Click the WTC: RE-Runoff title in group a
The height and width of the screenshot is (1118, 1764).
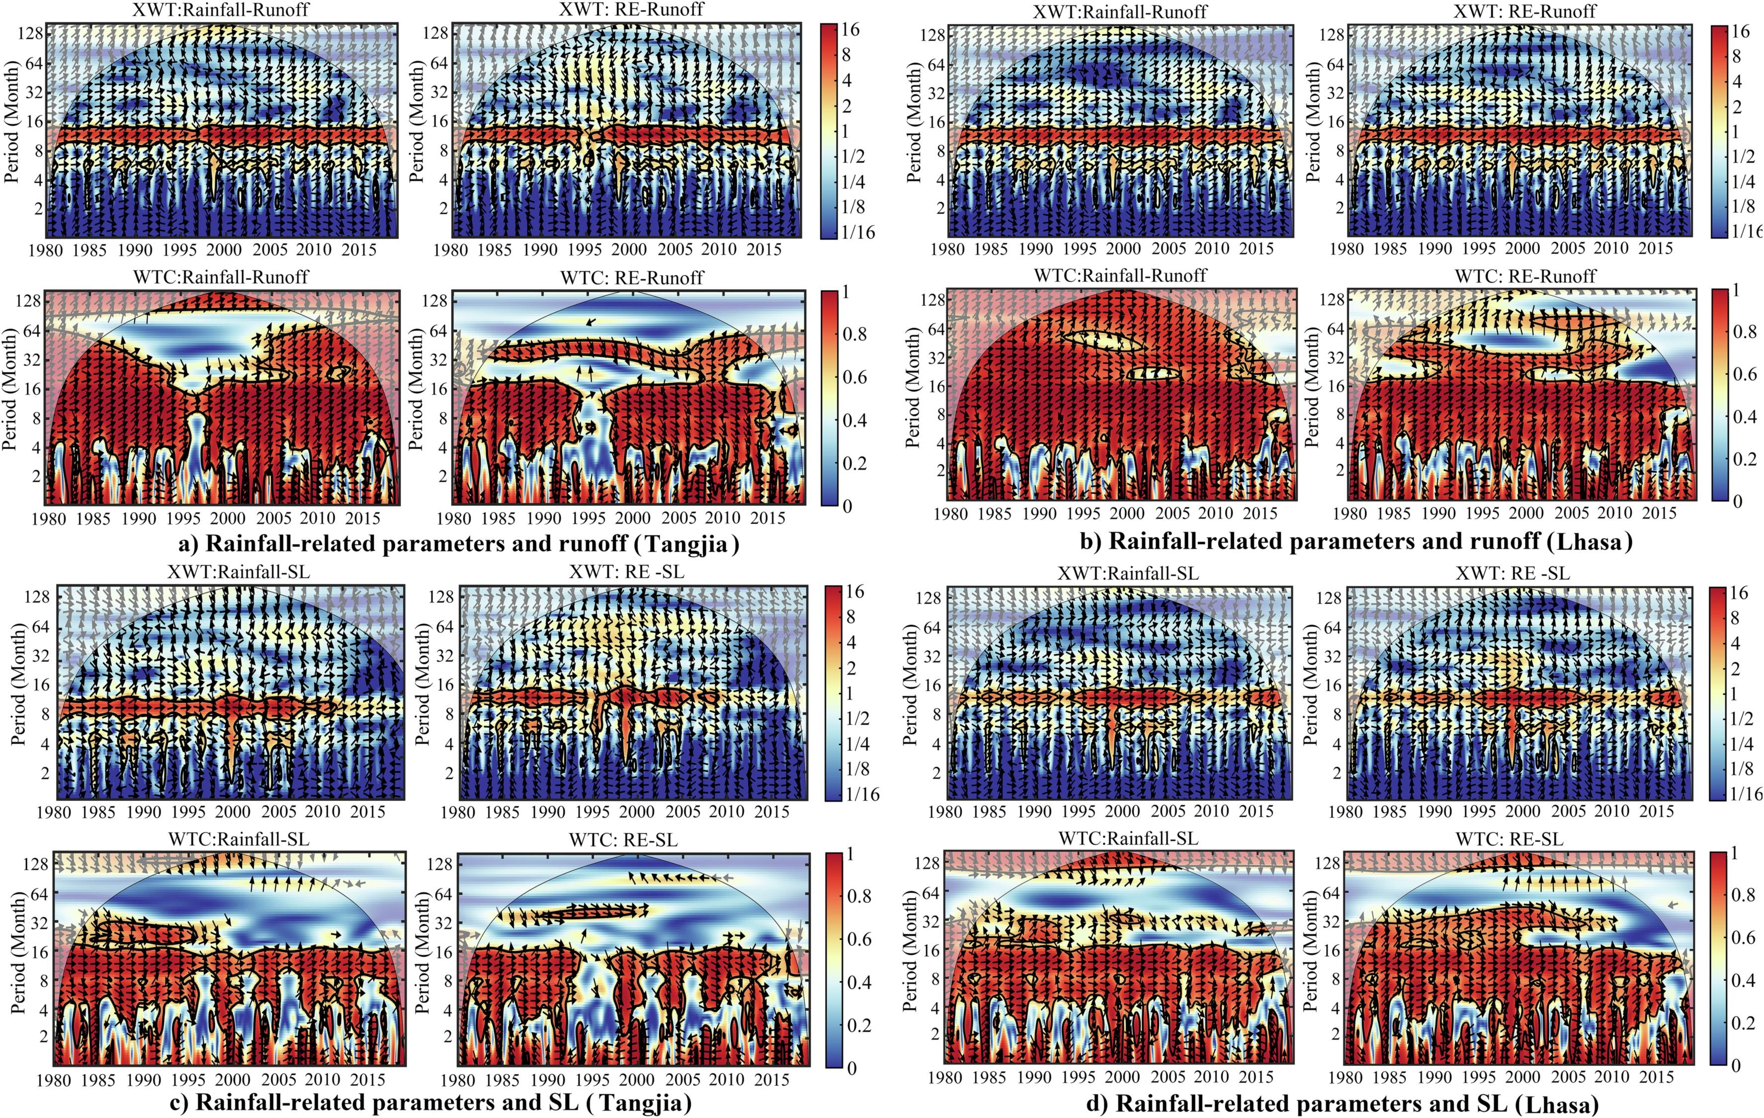click(x=631, y=278)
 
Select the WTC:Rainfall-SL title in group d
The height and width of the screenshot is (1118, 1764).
click(x=1128, y=838)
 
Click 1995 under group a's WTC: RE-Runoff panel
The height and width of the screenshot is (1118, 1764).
click(x=588, y=518)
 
